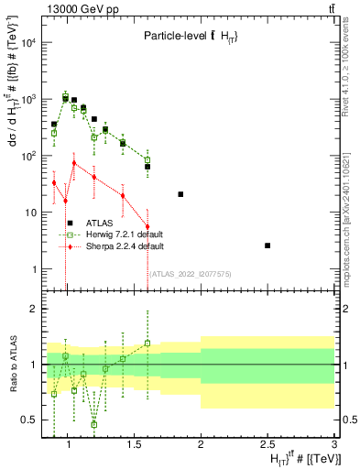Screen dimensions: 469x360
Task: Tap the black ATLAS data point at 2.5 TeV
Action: pyautogui.click(x=267, y=245)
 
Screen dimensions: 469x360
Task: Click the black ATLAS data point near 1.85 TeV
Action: pyautogui.click(x=180, y=194)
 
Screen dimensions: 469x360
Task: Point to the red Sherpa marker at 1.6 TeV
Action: pyautogui.click(x=147, y=226)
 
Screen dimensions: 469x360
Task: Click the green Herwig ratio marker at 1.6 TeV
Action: pyautogui.click(x=147, y=344)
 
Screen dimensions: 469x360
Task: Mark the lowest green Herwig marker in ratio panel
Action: pyautogui.click(x=94, y=424)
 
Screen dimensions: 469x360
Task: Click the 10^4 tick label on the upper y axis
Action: pyautogui.click(x=27, y=42)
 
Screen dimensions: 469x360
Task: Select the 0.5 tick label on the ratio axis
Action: pyautogui.click(x=29, y=420)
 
